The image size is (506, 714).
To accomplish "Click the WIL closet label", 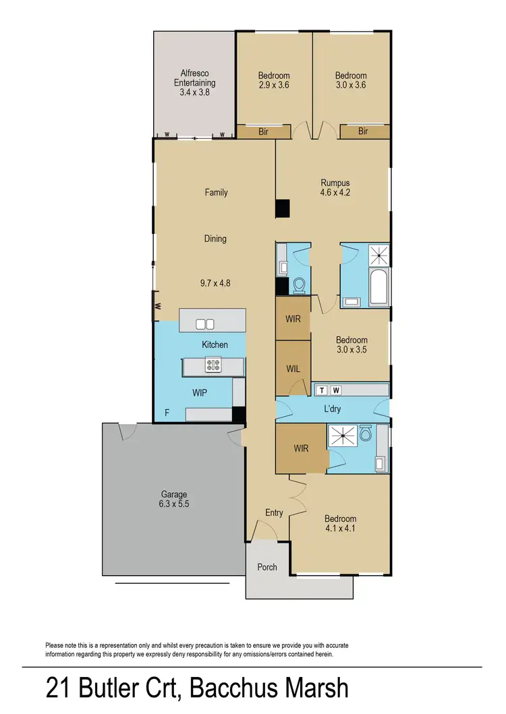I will point(293,369).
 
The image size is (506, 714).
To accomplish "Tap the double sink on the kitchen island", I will point(205,324).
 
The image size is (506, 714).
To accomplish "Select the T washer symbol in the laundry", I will point(321,390).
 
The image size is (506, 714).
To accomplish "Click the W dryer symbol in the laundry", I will point(335,390).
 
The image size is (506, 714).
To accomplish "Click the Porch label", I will point(267,567).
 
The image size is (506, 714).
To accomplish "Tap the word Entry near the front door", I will point(274,513).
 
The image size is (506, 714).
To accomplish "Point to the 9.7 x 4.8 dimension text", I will point(215,284).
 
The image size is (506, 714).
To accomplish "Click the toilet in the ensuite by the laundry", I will point(366,434).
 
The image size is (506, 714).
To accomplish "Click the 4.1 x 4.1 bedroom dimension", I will point(340,529).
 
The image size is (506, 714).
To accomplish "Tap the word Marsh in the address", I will point(308,689).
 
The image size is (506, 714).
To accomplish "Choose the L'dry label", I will point(333,410).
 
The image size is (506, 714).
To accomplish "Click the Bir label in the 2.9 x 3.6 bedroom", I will point(263,132).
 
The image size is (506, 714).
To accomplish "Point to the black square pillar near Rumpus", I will point(282,209).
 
